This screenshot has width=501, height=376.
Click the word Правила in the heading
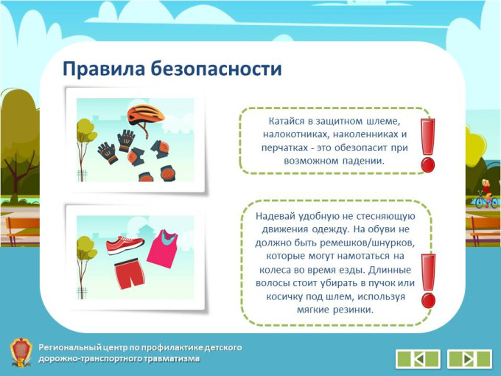point(104,69)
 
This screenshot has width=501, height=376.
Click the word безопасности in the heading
point(217,69)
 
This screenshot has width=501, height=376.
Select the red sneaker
point(125,245)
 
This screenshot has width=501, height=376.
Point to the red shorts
point(130,274)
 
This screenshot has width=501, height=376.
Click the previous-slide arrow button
point(418,359)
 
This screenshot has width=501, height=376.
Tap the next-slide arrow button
point(469,359)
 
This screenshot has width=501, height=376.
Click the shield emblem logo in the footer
point(21,352)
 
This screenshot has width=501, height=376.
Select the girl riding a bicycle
point(486,194)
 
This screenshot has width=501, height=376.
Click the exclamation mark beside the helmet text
point(427,145)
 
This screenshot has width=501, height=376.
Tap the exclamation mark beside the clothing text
point(428,281)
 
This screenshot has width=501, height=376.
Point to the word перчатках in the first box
point(282,148)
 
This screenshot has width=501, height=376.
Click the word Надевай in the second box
point(275,216)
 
